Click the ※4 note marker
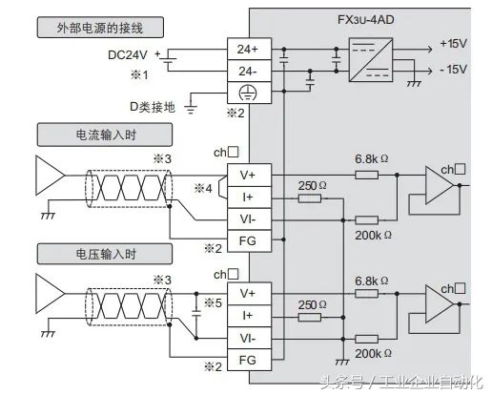click(x=204, y=187)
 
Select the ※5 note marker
click(x=212, y=304)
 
